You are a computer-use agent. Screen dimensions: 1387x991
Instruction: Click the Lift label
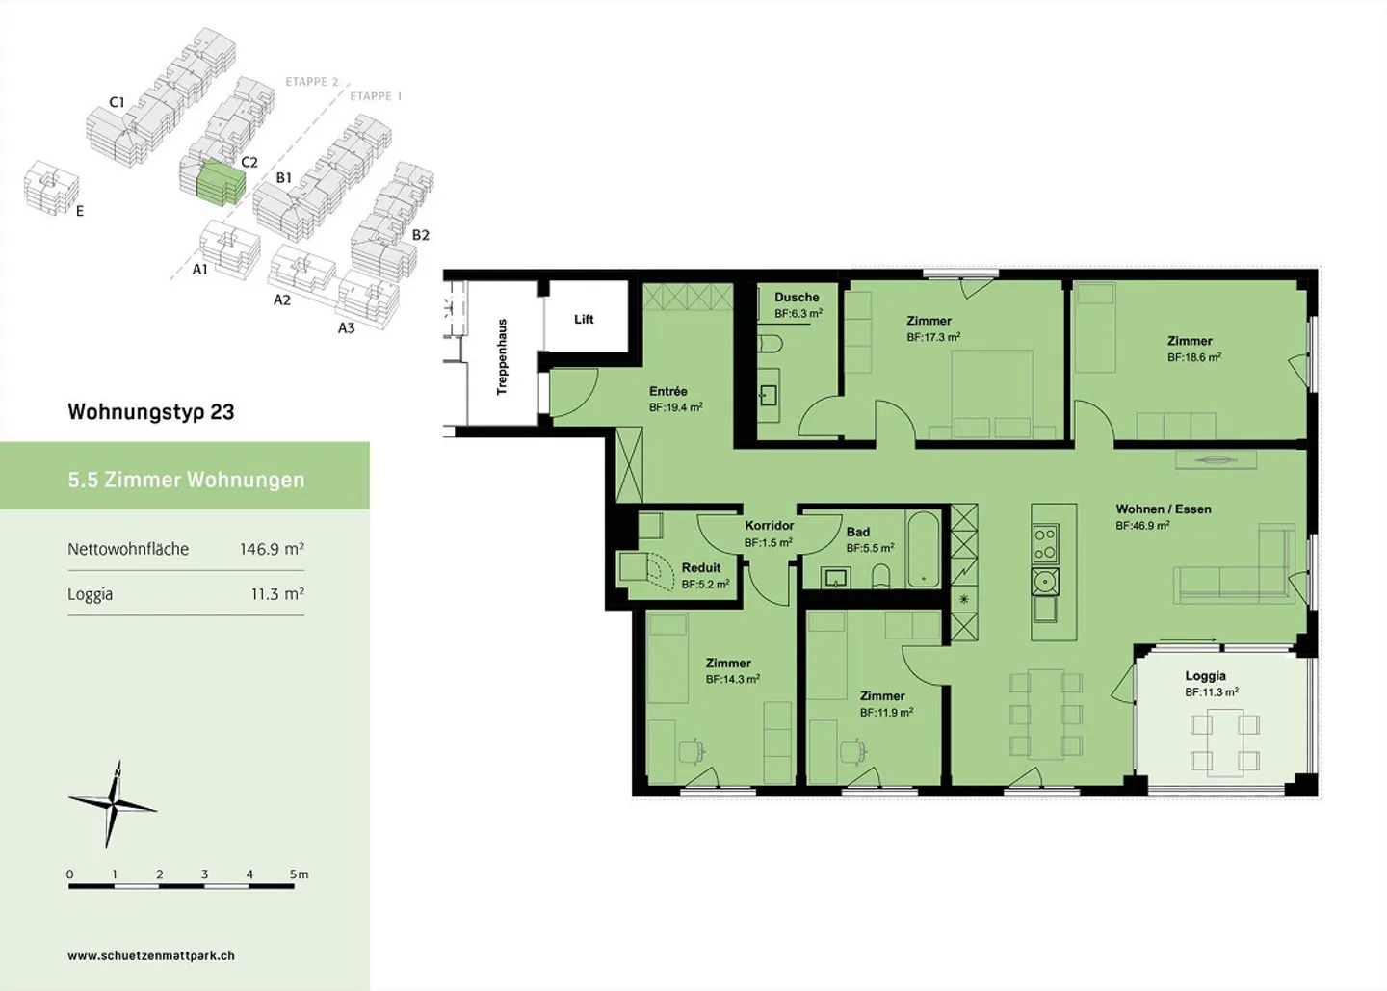[x=584, y=320]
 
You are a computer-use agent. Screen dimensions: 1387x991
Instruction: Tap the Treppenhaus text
[x=502, y=356]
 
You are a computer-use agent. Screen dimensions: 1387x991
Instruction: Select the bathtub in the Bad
[x=923, y=549]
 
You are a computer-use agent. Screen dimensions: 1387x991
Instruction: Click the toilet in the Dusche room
[x=771, y=344]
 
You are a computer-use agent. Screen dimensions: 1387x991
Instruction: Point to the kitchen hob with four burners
[x=1045, y=543]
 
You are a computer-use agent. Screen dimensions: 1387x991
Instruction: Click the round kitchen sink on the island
[x=1045, y=582]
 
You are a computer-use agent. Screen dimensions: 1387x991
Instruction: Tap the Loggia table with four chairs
[x=1225, y=743]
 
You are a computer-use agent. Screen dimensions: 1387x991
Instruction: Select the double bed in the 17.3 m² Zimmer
[x=992, y=394]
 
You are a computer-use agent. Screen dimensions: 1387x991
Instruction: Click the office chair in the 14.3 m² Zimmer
[x=693, y=751]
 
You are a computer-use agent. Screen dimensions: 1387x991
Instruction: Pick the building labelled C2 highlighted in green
[x=220, y=183]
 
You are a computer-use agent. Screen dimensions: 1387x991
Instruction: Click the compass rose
[x=113, y=805]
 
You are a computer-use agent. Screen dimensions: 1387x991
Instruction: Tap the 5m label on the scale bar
[x=299, y=874]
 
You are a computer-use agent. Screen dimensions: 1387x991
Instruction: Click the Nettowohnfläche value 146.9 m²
[x=272, y=548]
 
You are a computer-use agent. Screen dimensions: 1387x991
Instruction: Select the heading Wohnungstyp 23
[x=151, y=411]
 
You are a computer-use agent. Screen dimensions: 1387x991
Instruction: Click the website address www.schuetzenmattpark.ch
[x=151, y=955]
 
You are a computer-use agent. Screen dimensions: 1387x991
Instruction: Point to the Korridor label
[x=769, y=526]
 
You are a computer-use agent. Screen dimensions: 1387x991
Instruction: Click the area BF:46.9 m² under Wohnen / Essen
[x=1142, y=526]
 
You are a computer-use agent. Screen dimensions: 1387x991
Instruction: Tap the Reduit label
[x=701, y=567]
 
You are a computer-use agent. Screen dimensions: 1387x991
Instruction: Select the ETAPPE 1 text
[x=376, y=96]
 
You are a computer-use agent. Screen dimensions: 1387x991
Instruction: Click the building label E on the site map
[x=80, y=211]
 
